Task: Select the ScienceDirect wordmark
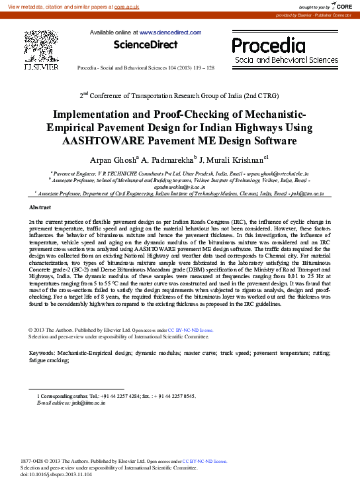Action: pos(146,45)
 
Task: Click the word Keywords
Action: pos(42,353)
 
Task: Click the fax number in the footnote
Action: pos(178,395)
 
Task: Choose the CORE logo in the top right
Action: pos(340,6)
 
